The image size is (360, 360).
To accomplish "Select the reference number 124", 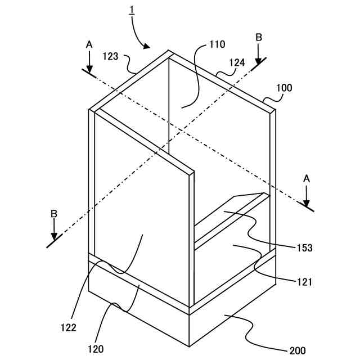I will (236, 63).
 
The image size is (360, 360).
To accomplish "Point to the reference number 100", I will (284, 88).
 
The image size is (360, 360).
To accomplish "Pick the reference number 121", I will (304, 282).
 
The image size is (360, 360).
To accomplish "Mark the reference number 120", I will (95, 349).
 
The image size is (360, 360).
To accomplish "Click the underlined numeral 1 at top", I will (133, 10).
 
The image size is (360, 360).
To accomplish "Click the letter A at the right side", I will (307, 178).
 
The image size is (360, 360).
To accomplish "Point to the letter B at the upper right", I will (258, 37).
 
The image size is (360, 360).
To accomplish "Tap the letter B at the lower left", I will (53, 214).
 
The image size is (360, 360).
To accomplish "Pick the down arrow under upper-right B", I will (258, 58).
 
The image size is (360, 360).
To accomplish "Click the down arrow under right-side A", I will (307, 200).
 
